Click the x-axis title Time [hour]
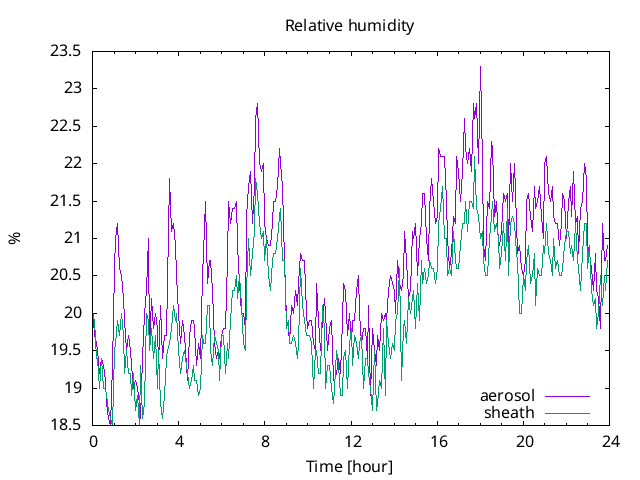coord(349,466)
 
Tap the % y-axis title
coord(14,238)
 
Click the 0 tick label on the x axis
coord(93,441)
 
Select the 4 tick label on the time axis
coord(179,441)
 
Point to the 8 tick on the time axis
coord(265,441)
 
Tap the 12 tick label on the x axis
coord(352,441)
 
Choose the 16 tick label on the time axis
coord(438,441)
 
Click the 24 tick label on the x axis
coord(610,441)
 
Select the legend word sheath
coord(509,412)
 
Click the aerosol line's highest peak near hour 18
coord(480,67)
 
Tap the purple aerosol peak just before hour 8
coord(257,104)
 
